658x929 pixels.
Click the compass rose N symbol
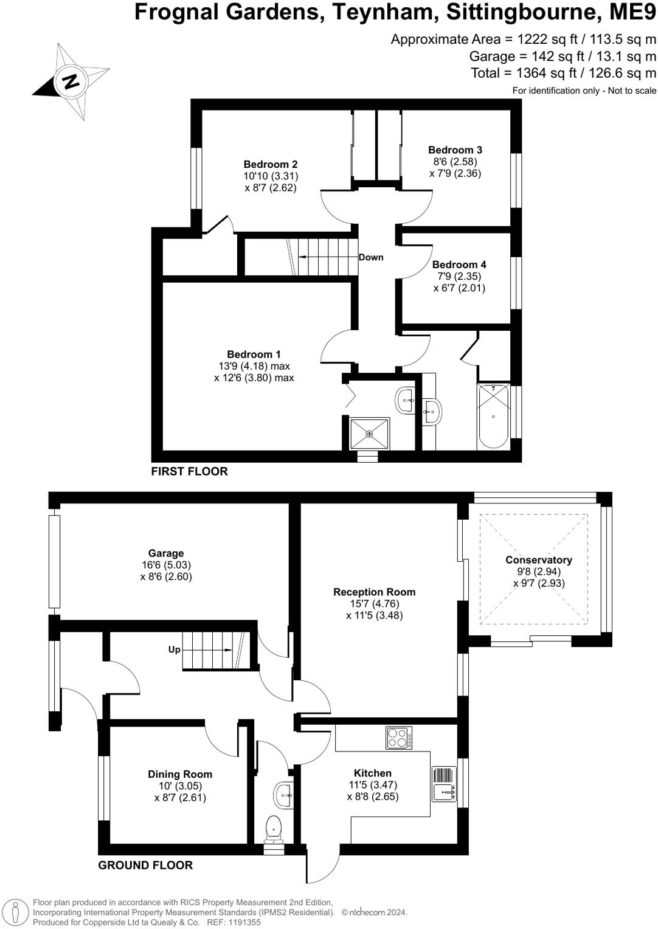[x=70, y=81]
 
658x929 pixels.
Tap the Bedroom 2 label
[x=270, y=164]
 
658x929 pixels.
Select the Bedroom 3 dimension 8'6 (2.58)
[x=453, y=162]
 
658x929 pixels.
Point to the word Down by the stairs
[x=371, y=257]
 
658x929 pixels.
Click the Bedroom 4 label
[x=459, y=264]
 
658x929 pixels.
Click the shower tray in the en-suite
[x=369, y=433]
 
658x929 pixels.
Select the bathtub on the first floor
[x=493, y=416]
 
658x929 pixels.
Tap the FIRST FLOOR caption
[x=189, y=471]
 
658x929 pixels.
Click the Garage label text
[x=166, y=553]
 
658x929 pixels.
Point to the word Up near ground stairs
[x=175, y=649]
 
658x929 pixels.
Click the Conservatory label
[x=539, y=560]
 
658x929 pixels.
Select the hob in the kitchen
[x=399, y=738]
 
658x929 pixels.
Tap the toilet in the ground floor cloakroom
[x=274, y=830]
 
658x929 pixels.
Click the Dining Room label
[x=180, y=774]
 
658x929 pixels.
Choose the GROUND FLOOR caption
[x=145, y=865]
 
